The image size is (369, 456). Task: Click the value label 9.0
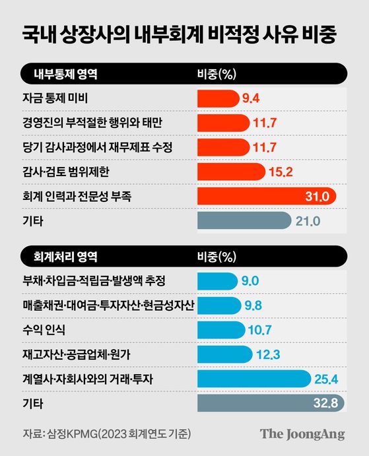250,281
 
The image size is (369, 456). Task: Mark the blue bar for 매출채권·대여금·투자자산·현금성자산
218,306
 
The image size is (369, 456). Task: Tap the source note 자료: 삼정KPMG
103,434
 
